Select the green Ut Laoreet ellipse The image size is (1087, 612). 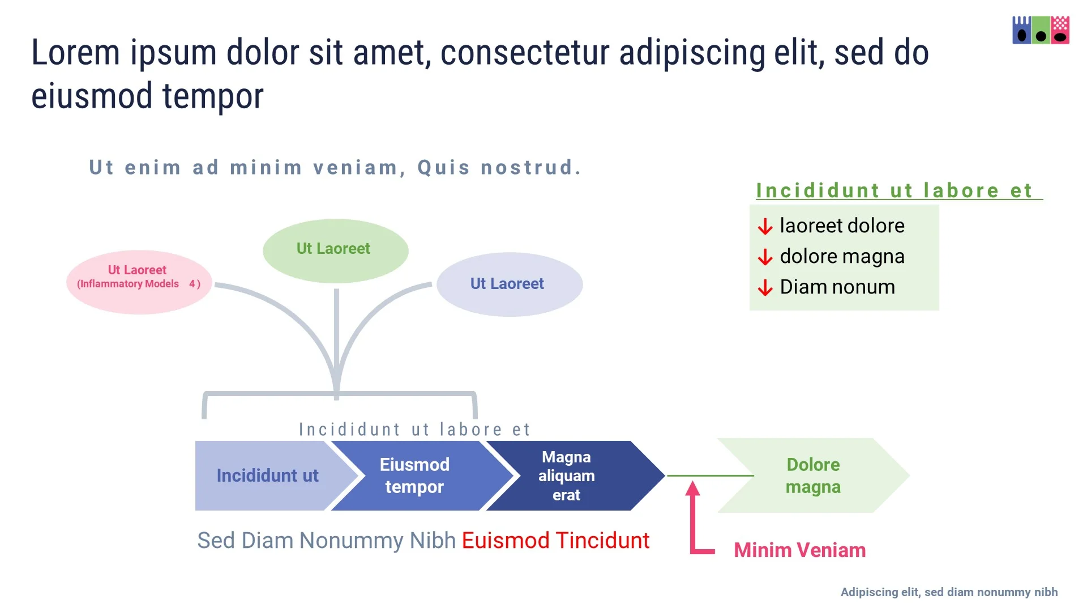(x=335, y=250)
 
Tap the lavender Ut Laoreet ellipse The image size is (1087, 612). (x=509, y=284)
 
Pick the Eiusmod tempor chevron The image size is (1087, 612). (x=414, y=475)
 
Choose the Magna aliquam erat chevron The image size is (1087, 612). (x=567, y=475)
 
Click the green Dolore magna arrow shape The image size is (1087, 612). (x=813, y=475)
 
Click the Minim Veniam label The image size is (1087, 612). (x=799, y=550)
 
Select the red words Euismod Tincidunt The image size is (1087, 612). (x=555, y=541)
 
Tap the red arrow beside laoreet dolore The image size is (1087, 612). (x=765, y=227)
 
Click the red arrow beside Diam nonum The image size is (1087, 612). (x=765, y=288)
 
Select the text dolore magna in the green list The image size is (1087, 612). (x=842, y=257)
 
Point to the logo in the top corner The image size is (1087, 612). (x=1041, y=30)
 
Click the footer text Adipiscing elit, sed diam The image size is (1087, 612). (x=949, y=592)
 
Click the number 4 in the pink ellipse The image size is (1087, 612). (x=192, y=284)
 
